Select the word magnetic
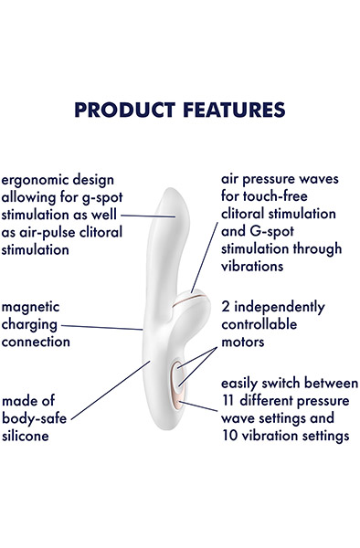[x=32, y=307]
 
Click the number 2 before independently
[x=227, y=307]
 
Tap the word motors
[x=244, y=342]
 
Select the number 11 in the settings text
[x=230, y=400]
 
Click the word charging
[x=30, y=325]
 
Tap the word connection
[x=36, y=342]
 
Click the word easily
[x=246, y=383]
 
